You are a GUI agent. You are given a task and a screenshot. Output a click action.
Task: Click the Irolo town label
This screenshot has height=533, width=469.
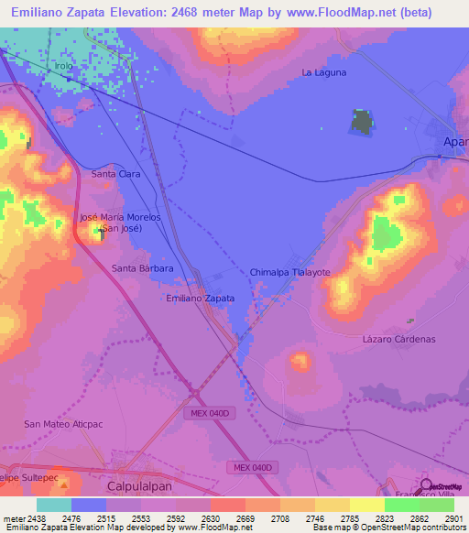tap(64, 67)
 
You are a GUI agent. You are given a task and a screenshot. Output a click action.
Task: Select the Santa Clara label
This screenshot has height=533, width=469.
tap(115, 173)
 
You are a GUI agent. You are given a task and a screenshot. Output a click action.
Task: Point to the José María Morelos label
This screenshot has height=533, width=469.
tap(120, 217)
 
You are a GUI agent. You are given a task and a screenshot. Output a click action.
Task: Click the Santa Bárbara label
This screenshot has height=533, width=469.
tap(142, 268)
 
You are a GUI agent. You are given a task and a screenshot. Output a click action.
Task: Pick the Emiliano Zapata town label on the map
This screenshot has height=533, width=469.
tap(201, 299)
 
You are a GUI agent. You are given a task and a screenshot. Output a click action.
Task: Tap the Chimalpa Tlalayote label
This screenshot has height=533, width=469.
tap(289, 273)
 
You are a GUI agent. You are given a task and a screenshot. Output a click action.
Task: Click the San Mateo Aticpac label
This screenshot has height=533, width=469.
tap(62, 424)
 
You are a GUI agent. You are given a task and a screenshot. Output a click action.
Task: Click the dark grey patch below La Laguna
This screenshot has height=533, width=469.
tap(363, 123)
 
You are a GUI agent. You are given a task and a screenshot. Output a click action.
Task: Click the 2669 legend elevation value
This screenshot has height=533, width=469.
tap(245, 517)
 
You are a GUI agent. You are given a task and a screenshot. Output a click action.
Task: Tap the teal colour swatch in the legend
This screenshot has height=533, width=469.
tap(53, 504)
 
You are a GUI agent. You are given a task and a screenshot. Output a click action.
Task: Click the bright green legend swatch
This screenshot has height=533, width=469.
tap(401, 504)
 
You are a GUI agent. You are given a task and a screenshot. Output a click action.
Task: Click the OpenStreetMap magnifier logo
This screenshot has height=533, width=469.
tap(426, 486)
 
